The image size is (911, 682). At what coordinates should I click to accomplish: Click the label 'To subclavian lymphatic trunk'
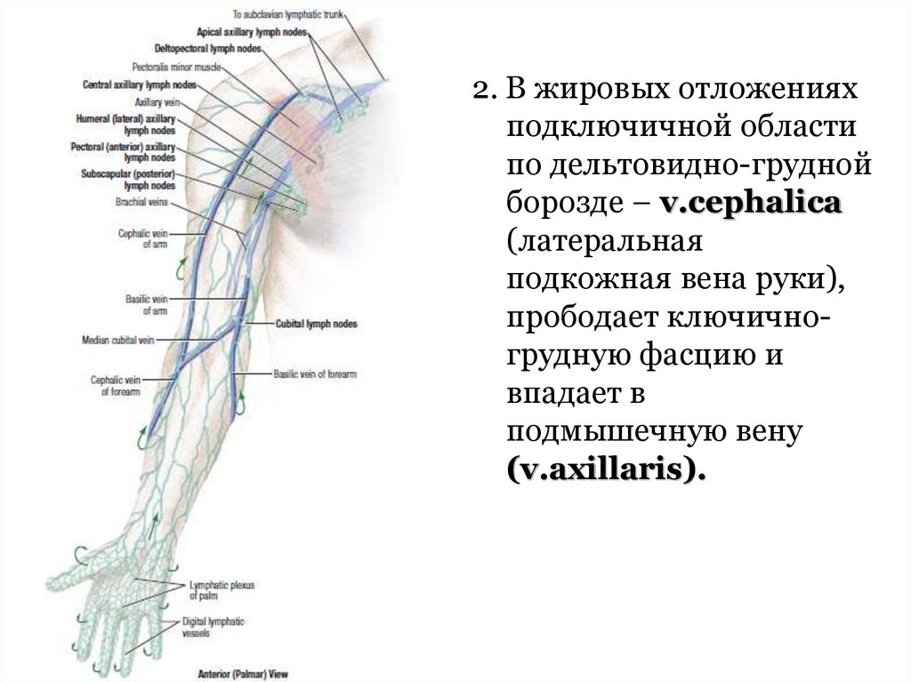289,15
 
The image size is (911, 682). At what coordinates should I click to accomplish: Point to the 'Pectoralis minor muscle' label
173,67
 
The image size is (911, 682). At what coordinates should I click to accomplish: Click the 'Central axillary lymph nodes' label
139,85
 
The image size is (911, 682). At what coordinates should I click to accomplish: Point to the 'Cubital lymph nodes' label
317,325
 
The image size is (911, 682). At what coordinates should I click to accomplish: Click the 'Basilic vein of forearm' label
315,374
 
